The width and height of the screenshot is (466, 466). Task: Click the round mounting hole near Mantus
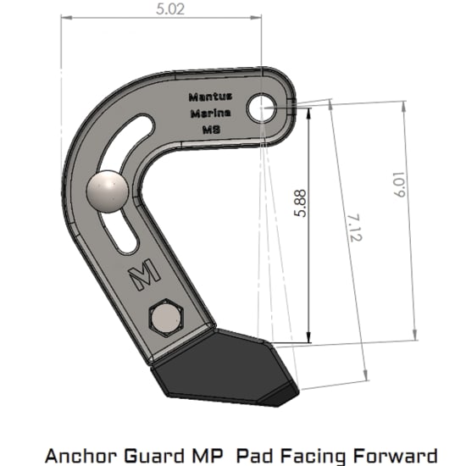pos(261,107)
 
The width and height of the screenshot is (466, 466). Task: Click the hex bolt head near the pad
pos(165,319)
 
